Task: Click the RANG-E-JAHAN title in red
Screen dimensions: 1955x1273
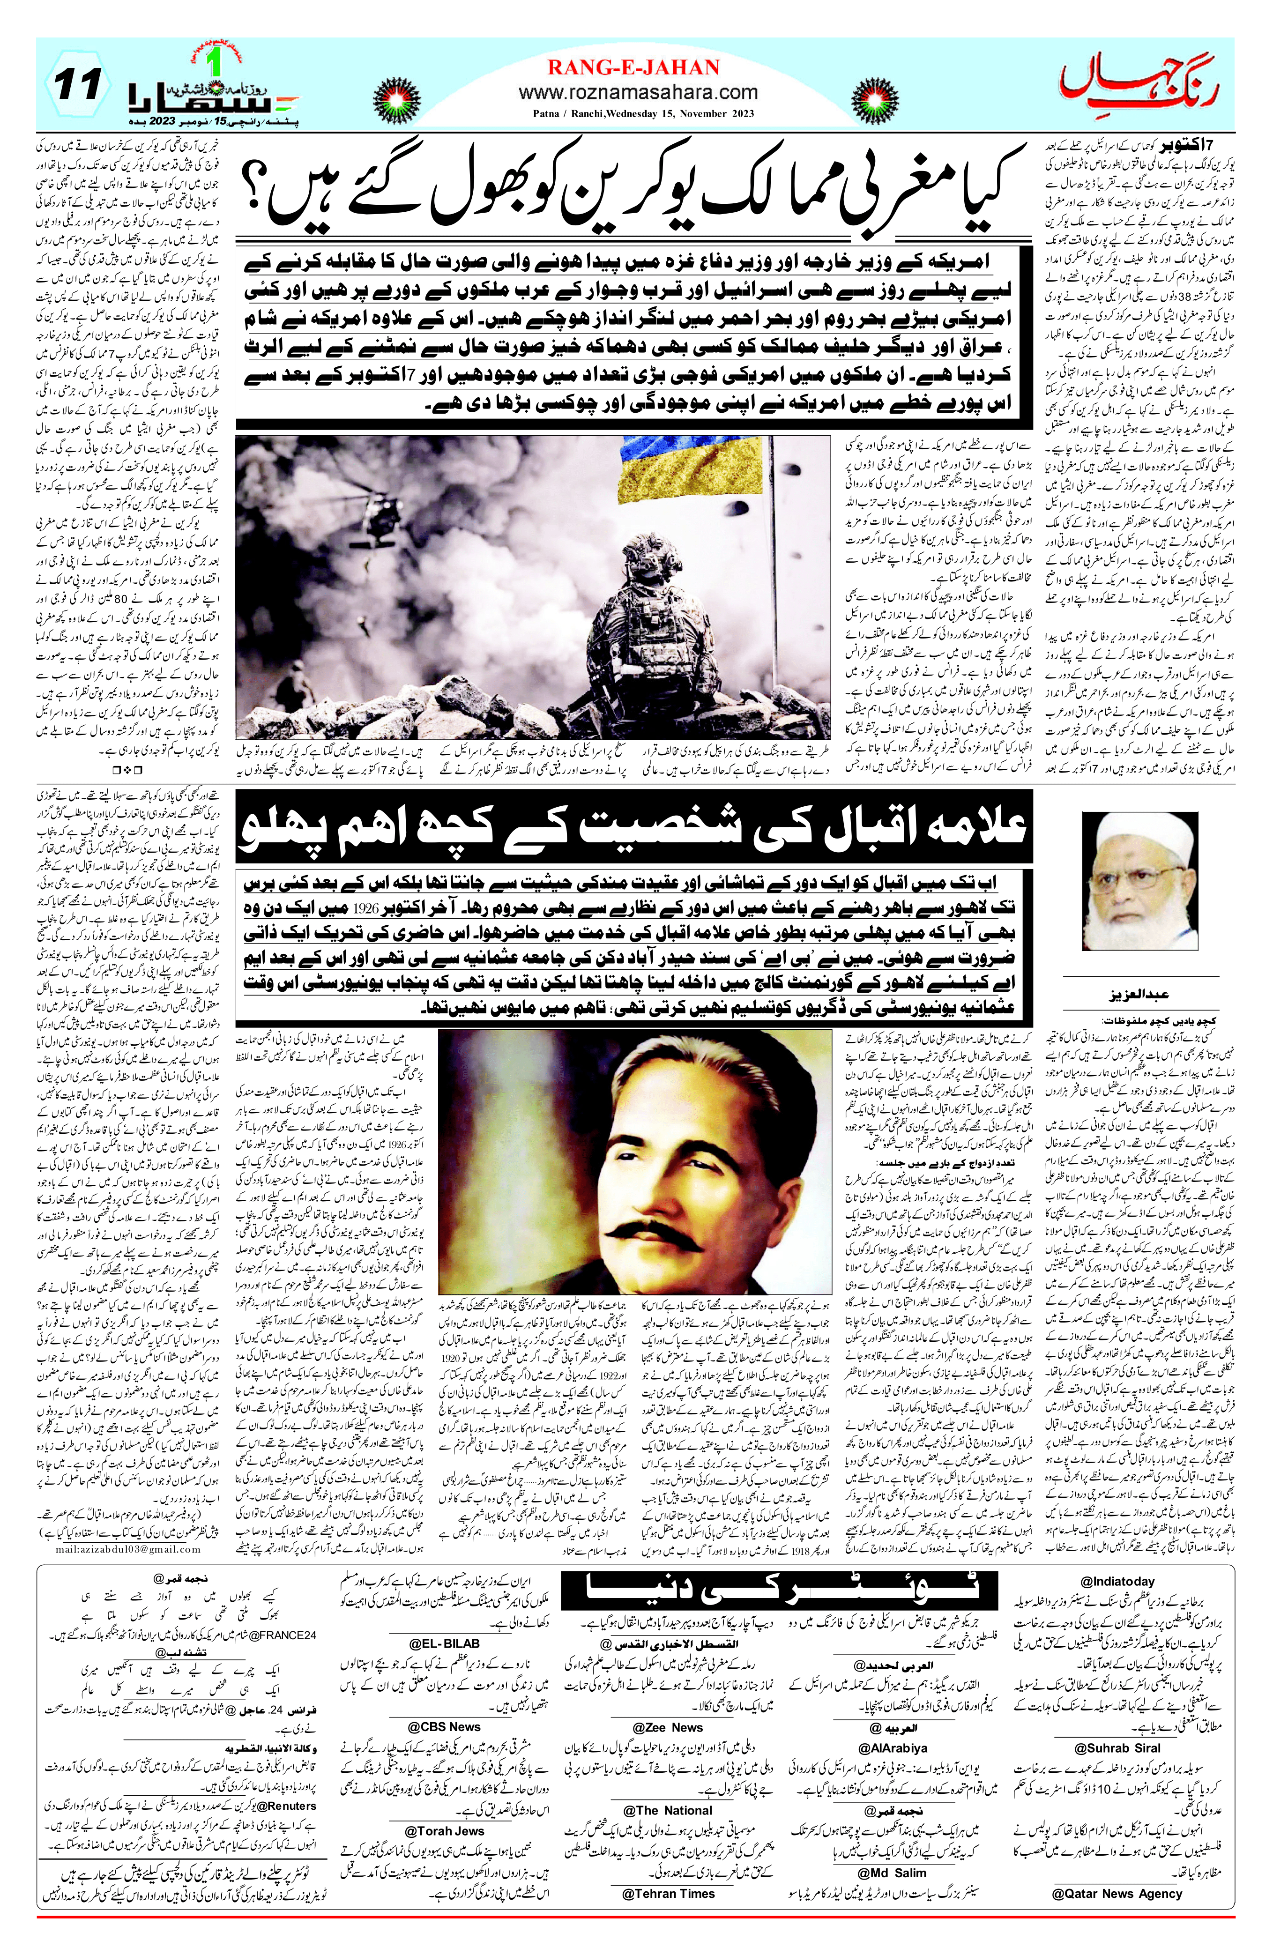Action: (x=633, y=67)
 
